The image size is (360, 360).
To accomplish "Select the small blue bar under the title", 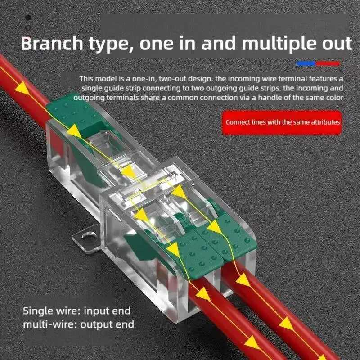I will click(306, 64).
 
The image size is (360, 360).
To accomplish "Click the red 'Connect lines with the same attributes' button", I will click(283, 122).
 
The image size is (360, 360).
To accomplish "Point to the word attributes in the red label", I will click(324, 122).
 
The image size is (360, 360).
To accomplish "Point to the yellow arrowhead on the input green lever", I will click(74, 131).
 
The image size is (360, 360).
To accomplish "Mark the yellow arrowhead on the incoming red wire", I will click(20, 89).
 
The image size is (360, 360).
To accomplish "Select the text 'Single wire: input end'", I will click(76, 310).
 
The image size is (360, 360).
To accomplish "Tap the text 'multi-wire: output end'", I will click(78, 324).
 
